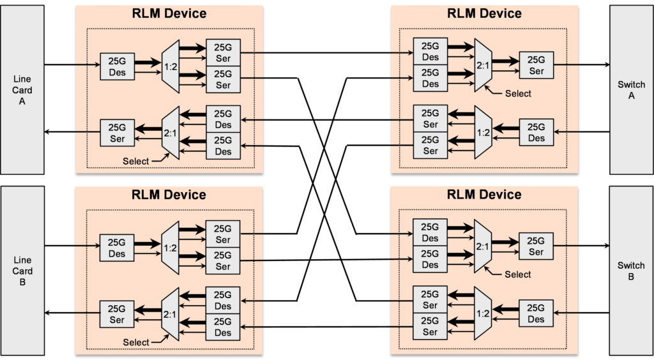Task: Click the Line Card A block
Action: (x=22, y=90)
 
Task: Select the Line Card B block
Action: (x=22, y=271)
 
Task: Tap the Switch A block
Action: (x=631, y=90)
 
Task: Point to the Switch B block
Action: (x=631, y=271)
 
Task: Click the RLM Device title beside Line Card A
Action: (x=169, y=14)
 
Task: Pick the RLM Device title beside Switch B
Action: (x=484, y=195)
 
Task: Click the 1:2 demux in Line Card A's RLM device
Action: (x=171, y=66)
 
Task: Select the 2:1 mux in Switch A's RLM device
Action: (x=483, y=66)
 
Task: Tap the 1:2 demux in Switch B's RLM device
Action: (x=483, y=313)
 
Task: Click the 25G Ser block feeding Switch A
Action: (x=536, y=66)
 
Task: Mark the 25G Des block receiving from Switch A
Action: (x=536, y=132)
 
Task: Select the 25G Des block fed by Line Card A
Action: (x=118, y=66)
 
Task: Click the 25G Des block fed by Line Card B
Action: (x=118, y=247)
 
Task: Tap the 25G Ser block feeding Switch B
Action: (x=536, y=247)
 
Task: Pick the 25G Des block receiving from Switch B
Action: (x=536, y=313)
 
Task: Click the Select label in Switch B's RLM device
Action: (x=517, y=274)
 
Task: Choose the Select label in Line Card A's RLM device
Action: (x=136, y=161)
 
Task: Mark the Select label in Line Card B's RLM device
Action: (x=136, y=343)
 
